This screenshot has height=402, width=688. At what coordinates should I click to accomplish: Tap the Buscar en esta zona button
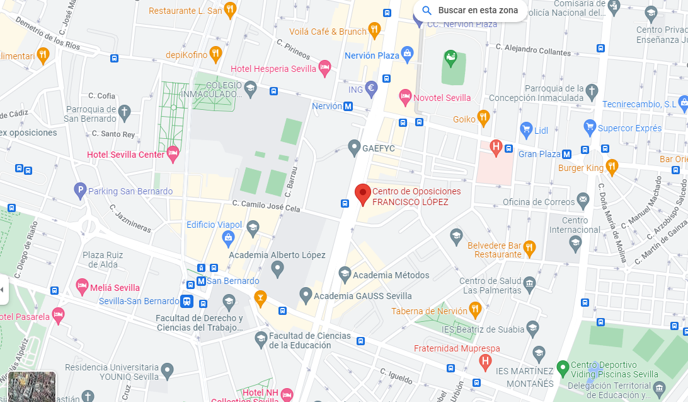470,11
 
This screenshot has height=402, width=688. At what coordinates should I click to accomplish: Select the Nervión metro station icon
348,107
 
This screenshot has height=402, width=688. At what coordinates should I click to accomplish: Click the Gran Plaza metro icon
566,154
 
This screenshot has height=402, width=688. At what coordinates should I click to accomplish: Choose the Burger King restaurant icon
611,167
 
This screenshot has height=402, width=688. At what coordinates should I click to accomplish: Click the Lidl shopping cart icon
526,131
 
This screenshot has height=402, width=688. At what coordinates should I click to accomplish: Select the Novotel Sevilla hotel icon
405,97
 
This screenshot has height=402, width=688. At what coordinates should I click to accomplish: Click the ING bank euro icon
371,89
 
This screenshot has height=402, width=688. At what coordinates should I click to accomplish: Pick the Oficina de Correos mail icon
583,201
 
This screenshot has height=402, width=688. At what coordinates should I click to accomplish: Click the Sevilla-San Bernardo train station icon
186,301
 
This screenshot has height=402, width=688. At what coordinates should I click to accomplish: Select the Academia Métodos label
391,275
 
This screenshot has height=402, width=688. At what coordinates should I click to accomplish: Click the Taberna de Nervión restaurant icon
475,309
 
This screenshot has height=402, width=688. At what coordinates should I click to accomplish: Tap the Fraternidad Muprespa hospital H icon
484,361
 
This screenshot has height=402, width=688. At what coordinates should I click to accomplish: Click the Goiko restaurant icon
483,117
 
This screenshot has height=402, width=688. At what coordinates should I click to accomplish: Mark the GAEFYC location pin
354,148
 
